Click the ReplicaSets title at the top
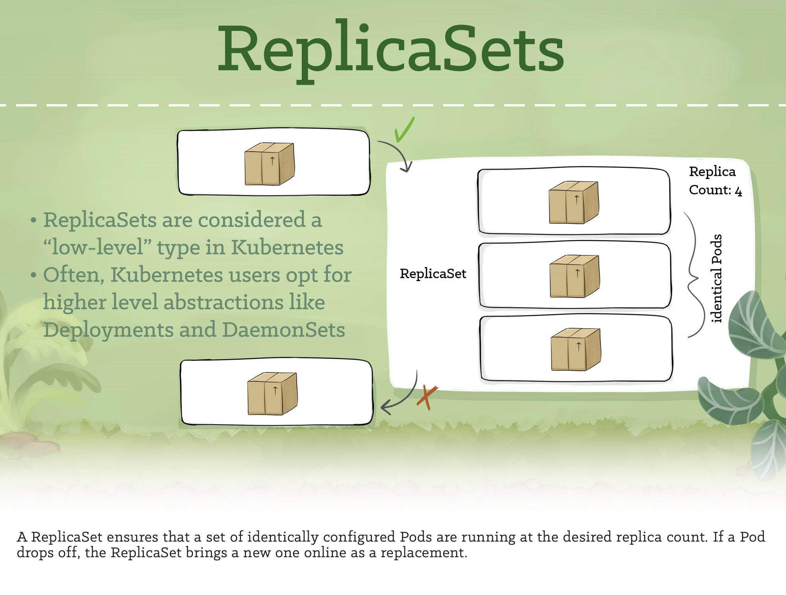(x=391, y=49)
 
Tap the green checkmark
(x=404, y=130)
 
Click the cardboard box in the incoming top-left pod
(x=269, y=164)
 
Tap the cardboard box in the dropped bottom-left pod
(x=273, y=394)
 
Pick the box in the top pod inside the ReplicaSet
(x=574, y=202)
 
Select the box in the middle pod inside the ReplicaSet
(x=574, y=276)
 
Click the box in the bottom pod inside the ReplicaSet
(x=576, y=349)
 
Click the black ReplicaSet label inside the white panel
(x=433, y=274)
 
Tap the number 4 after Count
(x=738, y=191)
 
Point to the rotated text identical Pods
(x=717, y=278)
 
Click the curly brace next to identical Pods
(x=694, y=275)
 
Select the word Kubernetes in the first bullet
(x=287, y=247)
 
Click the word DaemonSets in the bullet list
(x=283, y=330)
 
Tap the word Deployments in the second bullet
(x=108, y=330)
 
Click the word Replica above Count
(x=712, y=172)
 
